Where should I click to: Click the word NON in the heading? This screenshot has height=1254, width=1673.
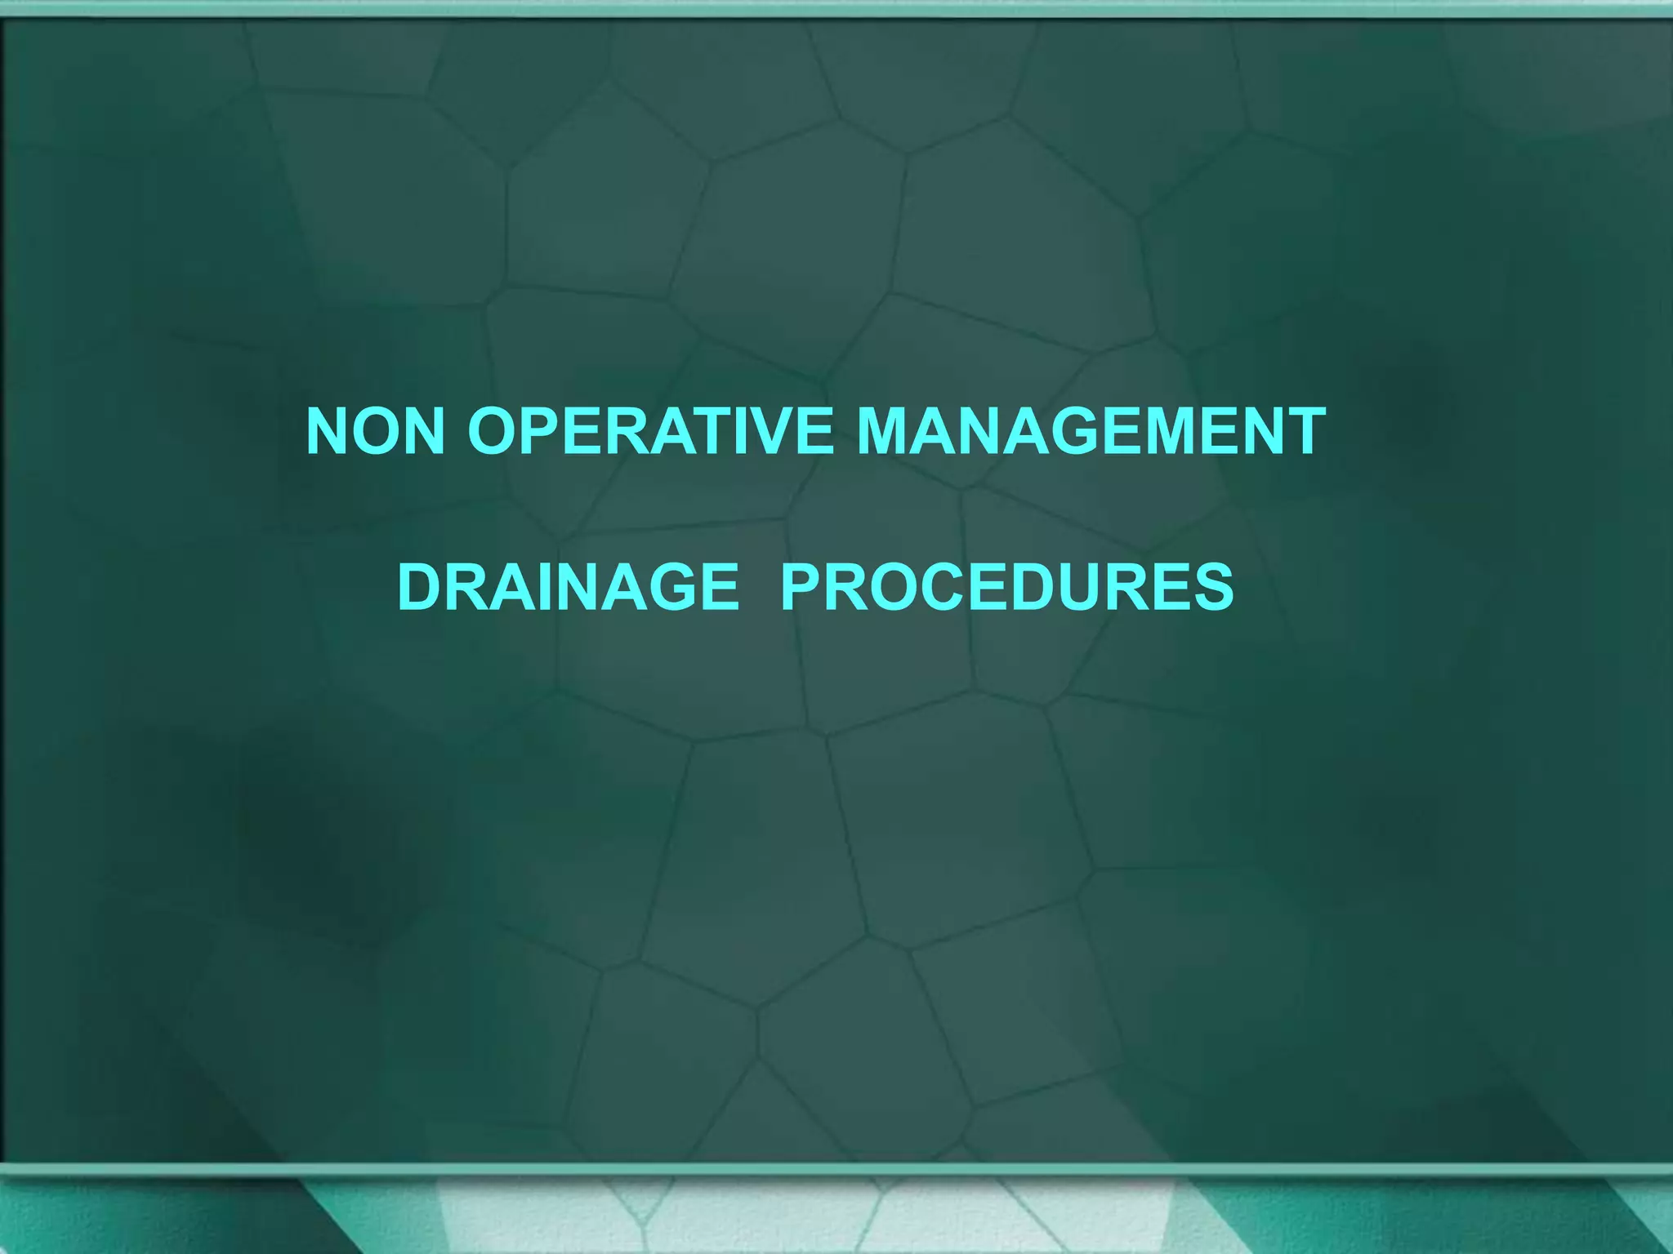[375, 431]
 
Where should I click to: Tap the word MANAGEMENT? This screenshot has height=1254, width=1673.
[1091, 431]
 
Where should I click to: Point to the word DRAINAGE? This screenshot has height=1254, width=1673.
[568, 587]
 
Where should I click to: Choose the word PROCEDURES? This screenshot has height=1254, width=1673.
[1006, 587]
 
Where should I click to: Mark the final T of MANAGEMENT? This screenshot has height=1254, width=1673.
[1302, 431]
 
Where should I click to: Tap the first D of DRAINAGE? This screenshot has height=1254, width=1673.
[420, 587]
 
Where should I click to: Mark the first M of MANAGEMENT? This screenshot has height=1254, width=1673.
[889, 431]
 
